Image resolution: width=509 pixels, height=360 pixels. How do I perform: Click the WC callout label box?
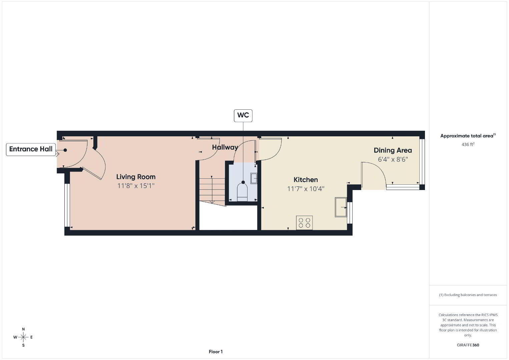243,116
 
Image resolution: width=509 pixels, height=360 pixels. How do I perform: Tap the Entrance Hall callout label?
31,149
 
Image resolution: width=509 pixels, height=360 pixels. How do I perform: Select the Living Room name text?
136,177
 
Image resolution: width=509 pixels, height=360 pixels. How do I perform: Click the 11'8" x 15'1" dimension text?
136,186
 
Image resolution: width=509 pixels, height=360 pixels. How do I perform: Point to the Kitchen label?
306,180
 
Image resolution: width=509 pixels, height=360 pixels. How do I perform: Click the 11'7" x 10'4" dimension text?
306,189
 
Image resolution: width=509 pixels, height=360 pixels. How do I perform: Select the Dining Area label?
393,150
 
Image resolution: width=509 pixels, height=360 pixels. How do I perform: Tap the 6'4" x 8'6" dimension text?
393,159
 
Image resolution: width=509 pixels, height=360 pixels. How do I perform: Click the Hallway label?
225,147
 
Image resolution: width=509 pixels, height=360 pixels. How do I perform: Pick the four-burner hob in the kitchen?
304,223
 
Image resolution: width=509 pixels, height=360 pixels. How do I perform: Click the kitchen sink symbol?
341,207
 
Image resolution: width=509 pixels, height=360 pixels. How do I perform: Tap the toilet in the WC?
242,192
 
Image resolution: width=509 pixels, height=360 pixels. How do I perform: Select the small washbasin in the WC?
253,178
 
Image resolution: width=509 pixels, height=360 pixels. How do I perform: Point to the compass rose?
23,337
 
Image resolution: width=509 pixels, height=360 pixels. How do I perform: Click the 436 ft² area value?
468,144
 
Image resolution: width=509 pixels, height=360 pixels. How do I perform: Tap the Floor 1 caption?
216,352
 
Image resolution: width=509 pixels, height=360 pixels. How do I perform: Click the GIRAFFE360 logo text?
468,345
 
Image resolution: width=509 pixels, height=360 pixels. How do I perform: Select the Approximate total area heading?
468,136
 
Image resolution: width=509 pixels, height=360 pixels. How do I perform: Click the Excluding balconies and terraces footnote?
468,295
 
